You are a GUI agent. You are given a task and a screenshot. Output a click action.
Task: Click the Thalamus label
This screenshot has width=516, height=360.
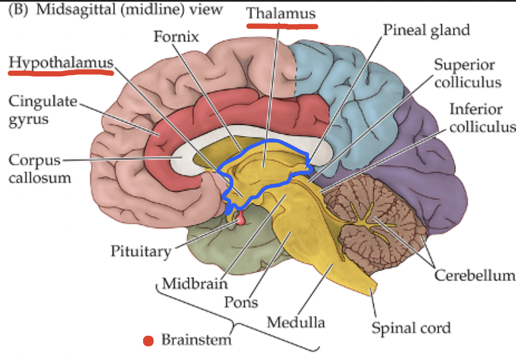click(x=281, y=13)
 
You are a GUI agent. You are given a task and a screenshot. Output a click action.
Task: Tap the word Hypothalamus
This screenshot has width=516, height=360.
click(x=60, y=63)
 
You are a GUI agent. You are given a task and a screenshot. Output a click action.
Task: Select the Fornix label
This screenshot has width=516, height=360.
click(x=176, y=38)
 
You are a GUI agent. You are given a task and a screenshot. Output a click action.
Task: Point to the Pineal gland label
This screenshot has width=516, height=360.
click(x=427, y=29)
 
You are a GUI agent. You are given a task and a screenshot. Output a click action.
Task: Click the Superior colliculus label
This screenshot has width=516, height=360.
click(x=467, y=73)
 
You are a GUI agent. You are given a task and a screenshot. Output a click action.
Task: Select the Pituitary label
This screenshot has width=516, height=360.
click(x=141, y=251)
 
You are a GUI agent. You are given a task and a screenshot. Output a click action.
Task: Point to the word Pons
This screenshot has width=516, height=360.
click(x=240, y=302)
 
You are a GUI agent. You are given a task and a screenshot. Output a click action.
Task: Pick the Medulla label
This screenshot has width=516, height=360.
click(x=296, y=321)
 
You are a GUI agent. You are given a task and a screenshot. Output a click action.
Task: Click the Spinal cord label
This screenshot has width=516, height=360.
click(x=410, y=327)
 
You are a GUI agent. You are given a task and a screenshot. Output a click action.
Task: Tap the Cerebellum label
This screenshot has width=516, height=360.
click(x=474, y=274)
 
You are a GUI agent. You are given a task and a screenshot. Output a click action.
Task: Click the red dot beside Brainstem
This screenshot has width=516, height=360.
click(x=148, y=340)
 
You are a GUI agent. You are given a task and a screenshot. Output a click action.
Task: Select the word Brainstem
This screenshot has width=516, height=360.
click(x=196, y=340)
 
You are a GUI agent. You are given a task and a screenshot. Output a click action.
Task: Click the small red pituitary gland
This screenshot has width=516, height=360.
click(x=241, y=221)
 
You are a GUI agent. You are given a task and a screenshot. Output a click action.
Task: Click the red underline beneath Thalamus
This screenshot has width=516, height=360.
click(x=281, y=25)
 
